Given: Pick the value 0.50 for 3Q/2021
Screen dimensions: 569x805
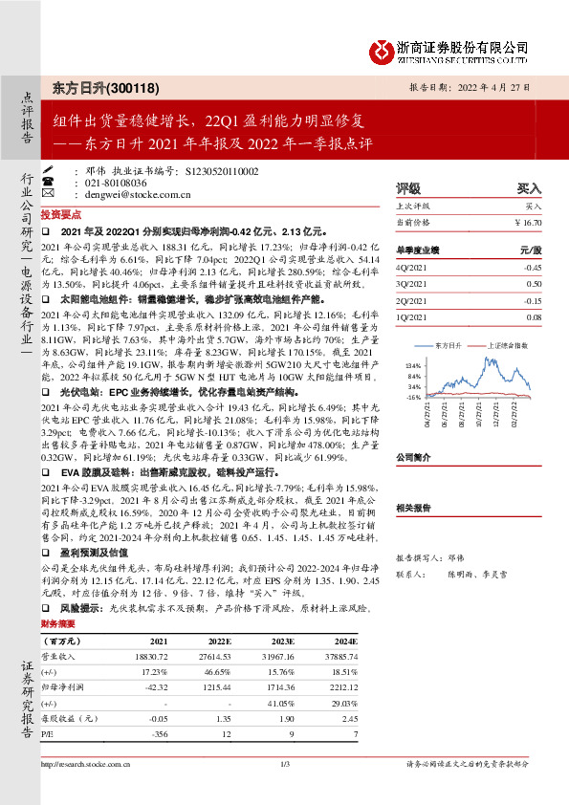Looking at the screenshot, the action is point(534,284).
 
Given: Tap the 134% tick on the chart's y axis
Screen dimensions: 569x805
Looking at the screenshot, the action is point(413,366).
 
